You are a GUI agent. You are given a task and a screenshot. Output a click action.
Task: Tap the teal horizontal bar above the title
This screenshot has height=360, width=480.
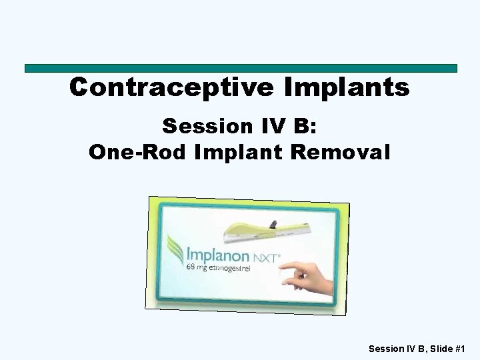(240, 68)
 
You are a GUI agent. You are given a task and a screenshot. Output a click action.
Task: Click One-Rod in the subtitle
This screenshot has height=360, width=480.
(138, 152)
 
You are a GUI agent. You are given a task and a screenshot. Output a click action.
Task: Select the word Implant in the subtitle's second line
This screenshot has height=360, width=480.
(238, 152)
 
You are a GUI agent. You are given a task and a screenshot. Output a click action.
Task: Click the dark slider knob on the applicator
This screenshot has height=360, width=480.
(272, 221)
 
